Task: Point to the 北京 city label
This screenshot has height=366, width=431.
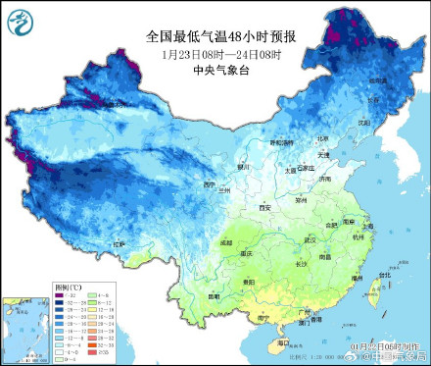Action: tap(295, 151)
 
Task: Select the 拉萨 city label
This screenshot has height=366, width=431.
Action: tap(119, 243)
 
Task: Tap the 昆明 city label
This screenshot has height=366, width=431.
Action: tap(214, 295)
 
